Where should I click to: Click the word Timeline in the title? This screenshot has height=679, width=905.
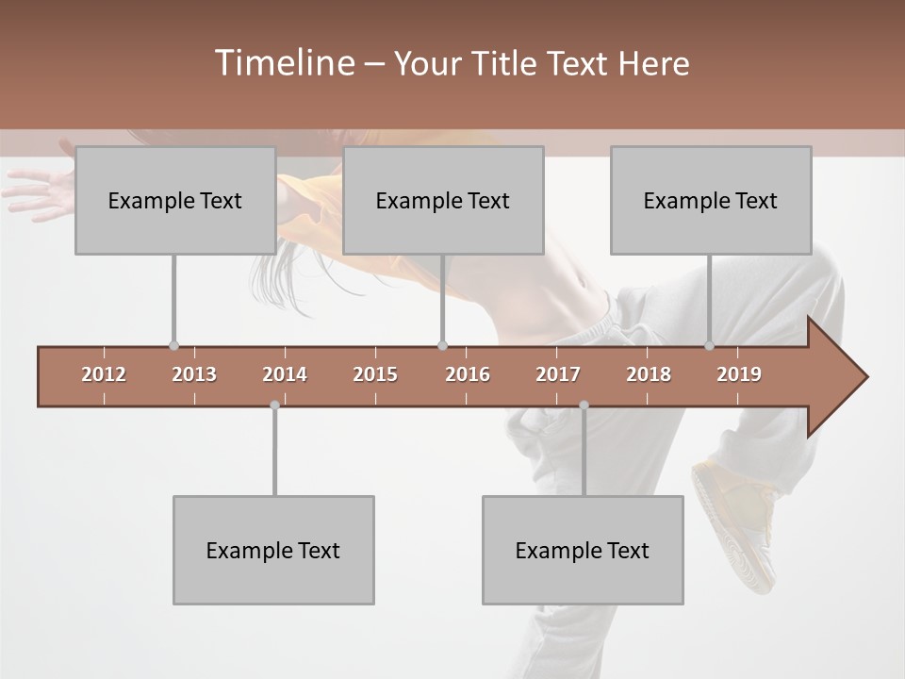coord(283,63)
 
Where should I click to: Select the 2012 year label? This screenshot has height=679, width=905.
coord(104,374)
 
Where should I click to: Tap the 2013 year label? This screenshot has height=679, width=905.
coord(194,374)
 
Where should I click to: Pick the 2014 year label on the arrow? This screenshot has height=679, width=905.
coord(285,374)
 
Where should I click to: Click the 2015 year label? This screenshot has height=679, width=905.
coord(375,374)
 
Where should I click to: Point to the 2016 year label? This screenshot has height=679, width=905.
coord(468,374)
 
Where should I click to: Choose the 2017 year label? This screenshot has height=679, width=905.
coord(558,374)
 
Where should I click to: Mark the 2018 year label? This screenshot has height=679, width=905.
coord(649,374)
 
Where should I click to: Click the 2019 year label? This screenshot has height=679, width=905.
coord(739,374)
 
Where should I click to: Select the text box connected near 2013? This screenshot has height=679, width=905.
coord(175,200)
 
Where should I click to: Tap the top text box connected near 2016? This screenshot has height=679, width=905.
coord(443,200)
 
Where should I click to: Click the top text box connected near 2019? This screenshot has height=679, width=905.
coord(711,200)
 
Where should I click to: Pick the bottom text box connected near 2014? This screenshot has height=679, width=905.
coord(273,550)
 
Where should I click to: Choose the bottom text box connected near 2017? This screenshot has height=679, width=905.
coord(583,550)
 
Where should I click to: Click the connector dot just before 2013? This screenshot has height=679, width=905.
coord(173,346)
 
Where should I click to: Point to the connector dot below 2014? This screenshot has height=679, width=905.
coord(274,405)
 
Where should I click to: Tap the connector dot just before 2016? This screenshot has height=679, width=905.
coord(442,346)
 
